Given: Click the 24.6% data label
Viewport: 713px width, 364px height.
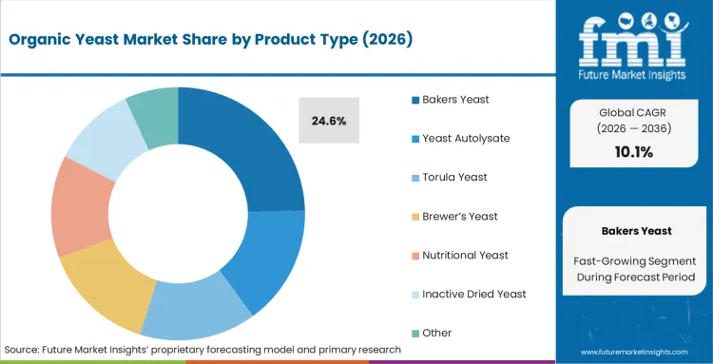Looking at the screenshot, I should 329,121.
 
